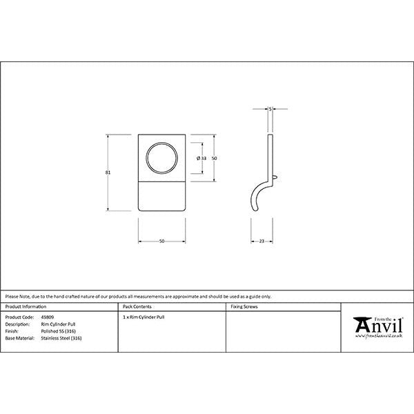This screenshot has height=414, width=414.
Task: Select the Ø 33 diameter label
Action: tap(201, 159)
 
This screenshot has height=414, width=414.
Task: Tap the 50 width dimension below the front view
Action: tap(161, 241)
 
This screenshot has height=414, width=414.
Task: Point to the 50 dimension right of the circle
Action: tap(215, 159)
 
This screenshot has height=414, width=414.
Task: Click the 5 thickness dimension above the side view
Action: tap(270, 108)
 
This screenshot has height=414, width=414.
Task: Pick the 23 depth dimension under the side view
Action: tap(263, 241)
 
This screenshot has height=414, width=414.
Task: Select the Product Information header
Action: tap(26, 306)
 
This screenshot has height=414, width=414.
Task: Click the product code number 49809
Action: tap(48, 317)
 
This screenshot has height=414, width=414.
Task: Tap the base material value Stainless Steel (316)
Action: tap(61, 338)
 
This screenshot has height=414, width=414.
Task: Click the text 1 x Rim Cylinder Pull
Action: tap(144, 317)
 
